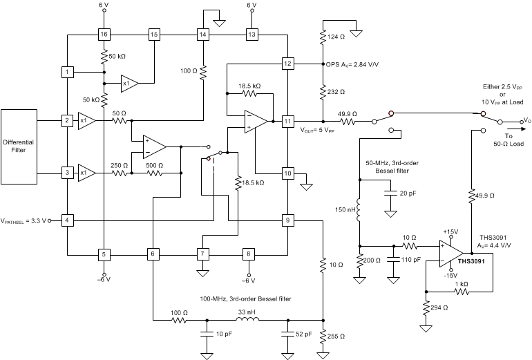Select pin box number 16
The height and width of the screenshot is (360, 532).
click(103, 34)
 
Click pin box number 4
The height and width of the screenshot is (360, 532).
click(67, 220)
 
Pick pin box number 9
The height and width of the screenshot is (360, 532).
click(288, 220)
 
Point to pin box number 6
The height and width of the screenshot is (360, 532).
click(152, 254)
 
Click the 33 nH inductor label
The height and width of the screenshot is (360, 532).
click(246, 311)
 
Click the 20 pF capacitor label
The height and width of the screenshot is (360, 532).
click(408, 193)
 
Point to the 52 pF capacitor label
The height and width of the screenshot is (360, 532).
click(305, 334)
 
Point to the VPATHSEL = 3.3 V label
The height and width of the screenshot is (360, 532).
click(24, 221)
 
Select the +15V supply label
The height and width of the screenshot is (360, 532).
click(451, 232)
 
